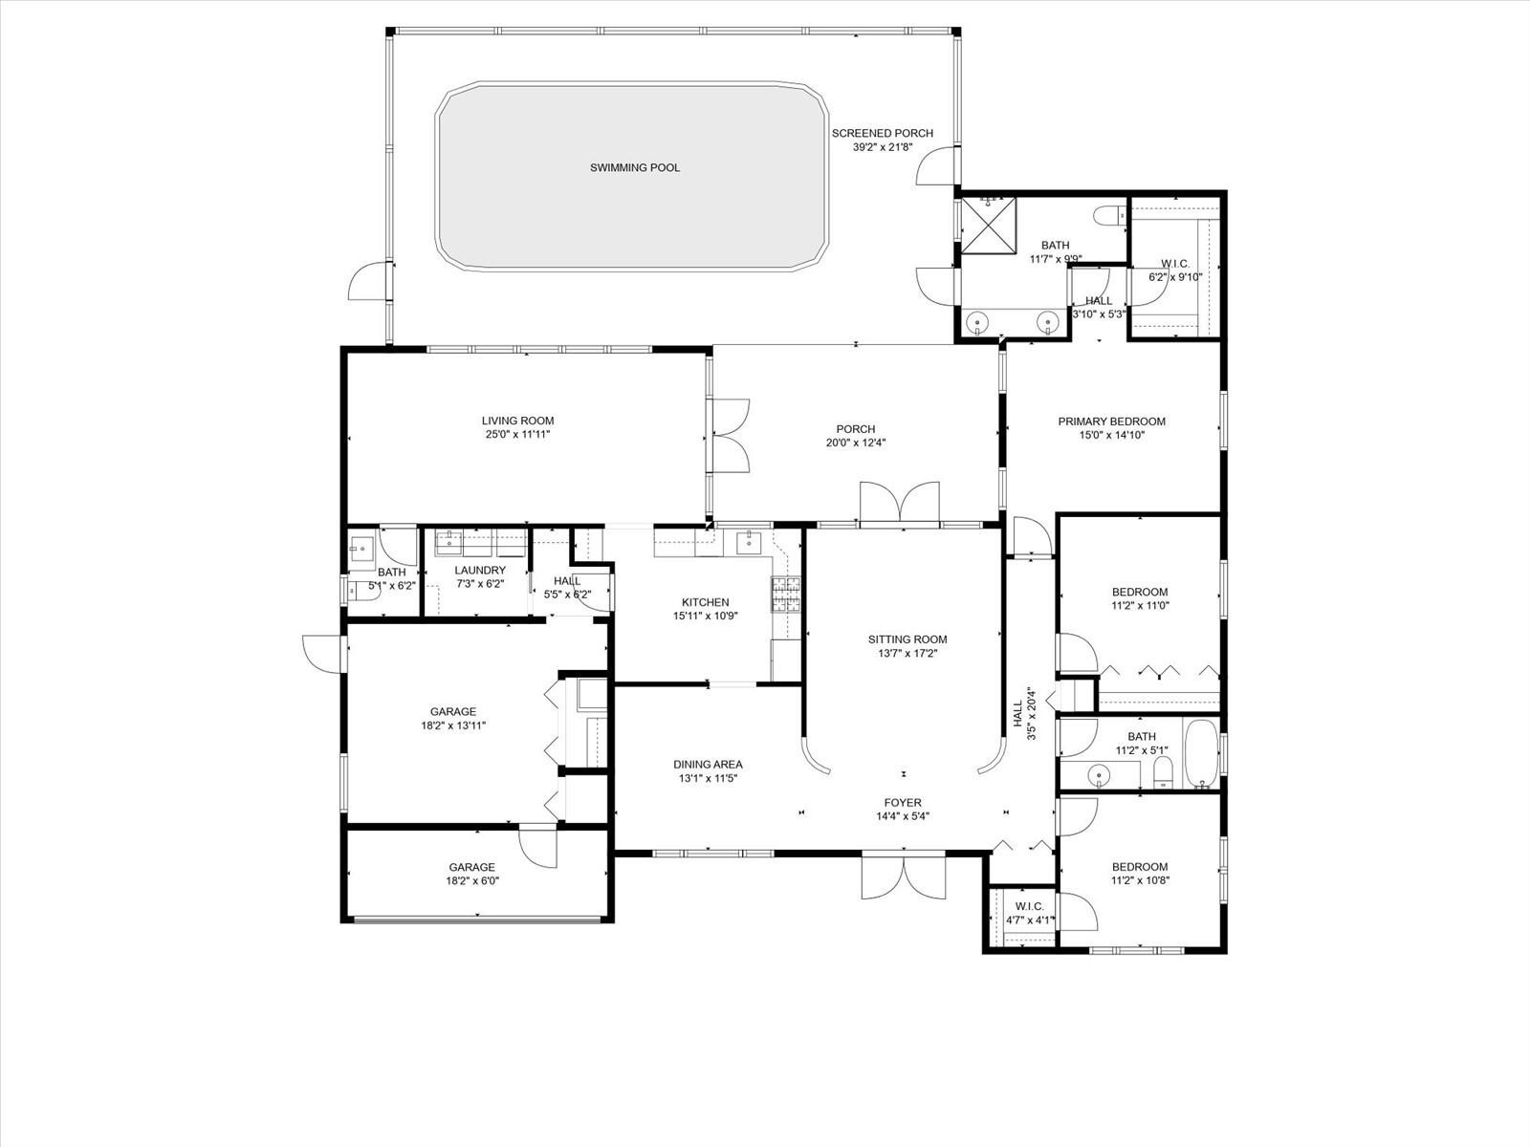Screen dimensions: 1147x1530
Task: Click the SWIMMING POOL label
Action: click(x=635, y=168)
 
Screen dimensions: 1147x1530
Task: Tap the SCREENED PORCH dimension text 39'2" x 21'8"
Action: click(x=883, y=147)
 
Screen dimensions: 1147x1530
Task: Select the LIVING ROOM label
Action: click(x=517, y=421)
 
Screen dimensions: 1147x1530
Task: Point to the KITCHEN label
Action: click(x=705, y=602)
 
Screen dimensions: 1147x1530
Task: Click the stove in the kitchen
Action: click(x=785, y=595)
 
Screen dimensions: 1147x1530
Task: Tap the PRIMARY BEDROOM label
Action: click(x=1111, y=422)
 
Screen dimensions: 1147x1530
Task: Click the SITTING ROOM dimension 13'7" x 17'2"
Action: click(x=907, y=654)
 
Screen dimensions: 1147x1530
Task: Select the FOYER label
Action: click(x=903, y=803)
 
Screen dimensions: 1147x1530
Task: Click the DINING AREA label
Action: click(x=708, y=765)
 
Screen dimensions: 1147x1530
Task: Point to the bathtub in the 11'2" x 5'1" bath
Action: click(x=1200, y=753)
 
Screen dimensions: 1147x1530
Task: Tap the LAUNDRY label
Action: click(x=480, y=571)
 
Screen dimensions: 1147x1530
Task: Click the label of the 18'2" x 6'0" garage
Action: click(x=472, y=868)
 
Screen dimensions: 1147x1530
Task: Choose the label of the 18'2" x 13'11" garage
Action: click(x=453, y=712)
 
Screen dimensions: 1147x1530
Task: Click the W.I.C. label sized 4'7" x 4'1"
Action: click(x=1029, y=906)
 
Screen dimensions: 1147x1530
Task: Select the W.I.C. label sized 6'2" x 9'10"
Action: click(x=1175, y=264)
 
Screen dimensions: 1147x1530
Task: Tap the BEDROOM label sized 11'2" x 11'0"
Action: click(x=1140, y=593)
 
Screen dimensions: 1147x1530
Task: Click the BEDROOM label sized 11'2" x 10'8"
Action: click(x=1140, y=868)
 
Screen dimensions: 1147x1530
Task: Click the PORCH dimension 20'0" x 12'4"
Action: click(x=856, y=443)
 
